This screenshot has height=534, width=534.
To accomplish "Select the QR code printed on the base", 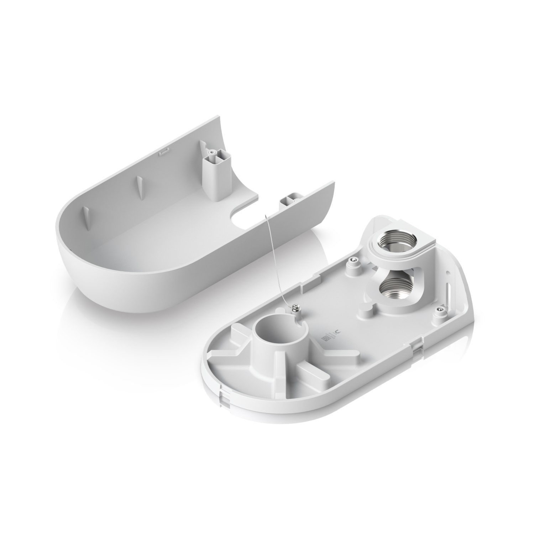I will (x=325, y=338).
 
